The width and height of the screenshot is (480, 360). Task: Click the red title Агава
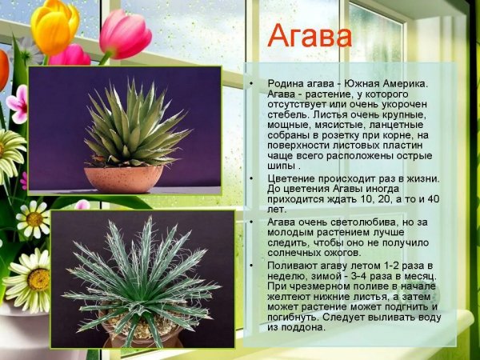(x=309, y=37)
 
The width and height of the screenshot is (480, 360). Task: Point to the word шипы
(x=282, y=166)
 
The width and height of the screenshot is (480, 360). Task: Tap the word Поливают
(x=294, y=265)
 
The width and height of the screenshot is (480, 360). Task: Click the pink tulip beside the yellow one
(x=125, y=34)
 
